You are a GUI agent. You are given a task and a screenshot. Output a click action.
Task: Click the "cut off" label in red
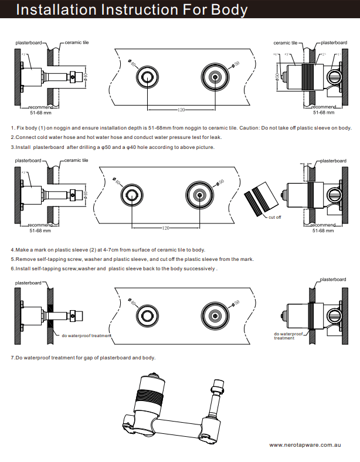coord(274,218)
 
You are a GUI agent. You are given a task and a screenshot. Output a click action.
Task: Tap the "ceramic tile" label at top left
coord(76,43)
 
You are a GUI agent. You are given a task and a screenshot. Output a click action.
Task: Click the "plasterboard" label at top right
coord(334,43)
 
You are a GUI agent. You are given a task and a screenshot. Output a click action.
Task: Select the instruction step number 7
coord(13,357)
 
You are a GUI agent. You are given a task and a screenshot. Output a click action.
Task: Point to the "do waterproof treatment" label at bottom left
coord(86,335)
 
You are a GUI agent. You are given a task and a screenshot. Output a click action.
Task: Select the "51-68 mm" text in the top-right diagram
coord(323,112)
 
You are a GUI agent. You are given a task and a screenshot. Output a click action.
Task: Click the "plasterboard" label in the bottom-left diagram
coord(28,283)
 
